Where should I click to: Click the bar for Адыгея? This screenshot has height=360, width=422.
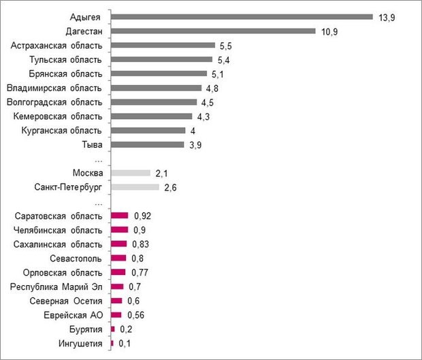coord(242,16)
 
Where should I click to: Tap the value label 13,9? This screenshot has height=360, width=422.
coord(387,17)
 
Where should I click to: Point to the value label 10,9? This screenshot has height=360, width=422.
coord(329,31)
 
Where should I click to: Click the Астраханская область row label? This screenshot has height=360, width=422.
coord(57,45)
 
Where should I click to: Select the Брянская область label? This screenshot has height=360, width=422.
coord(66,73)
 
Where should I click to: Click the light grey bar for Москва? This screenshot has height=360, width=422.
coord(130,173)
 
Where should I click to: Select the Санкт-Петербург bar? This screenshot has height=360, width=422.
coord(135,187)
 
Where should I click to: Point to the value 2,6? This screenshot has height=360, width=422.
coord(170,187)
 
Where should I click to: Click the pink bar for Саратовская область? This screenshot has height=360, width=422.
coord(119,216)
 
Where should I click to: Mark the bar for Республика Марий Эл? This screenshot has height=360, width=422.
coord(117,287)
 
